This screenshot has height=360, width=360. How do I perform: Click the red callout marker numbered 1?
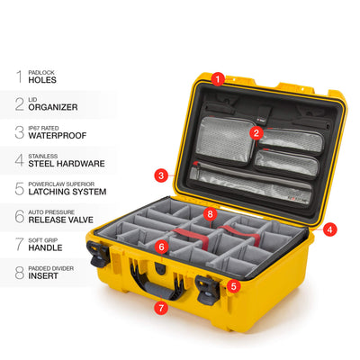tap(218, 79)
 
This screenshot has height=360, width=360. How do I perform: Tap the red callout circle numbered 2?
tap(256, 133)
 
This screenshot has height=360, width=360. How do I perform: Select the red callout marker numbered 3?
tap(161, 175)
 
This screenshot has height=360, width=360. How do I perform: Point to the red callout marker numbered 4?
tap(330, 229)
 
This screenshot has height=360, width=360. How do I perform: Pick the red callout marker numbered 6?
tap(162, 247)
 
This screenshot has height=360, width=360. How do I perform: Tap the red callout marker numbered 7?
tap(161, 308)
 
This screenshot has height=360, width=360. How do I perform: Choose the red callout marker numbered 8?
tap(210, 214)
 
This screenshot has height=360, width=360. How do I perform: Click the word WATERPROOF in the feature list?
tap(58, 136)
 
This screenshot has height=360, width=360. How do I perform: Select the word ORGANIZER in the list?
tap(53, 107)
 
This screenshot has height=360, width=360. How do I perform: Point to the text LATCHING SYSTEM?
tap(67, 192)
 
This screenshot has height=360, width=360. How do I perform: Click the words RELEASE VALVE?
tap(61, 220)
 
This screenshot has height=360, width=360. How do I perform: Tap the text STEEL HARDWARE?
tap(67, 164)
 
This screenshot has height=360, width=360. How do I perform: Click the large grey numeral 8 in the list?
tap(20, 273)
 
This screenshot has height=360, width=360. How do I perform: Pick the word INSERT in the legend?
tap(43, 276)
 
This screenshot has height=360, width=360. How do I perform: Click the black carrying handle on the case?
tap(157, 282)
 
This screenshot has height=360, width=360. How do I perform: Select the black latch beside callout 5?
tap(208, 289)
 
